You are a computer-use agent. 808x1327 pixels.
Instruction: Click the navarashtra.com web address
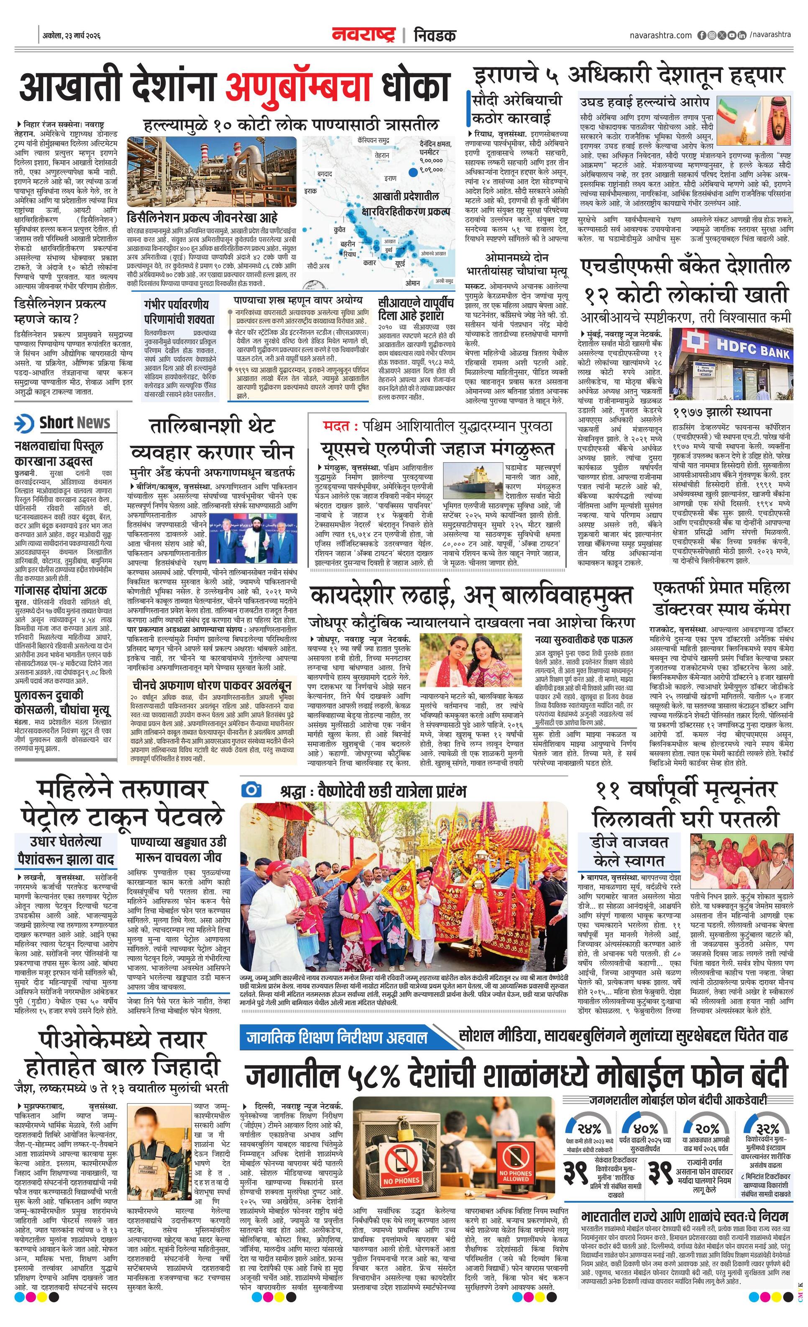[660, 36]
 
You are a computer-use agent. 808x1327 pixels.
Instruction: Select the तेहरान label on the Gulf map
[382, 155]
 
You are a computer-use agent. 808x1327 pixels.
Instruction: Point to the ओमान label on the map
[412, 282]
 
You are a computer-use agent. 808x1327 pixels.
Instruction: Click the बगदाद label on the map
[325, 174]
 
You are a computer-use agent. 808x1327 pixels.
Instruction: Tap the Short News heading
[75, 423]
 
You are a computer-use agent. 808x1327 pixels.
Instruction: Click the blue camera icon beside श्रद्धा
[251, 790]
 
